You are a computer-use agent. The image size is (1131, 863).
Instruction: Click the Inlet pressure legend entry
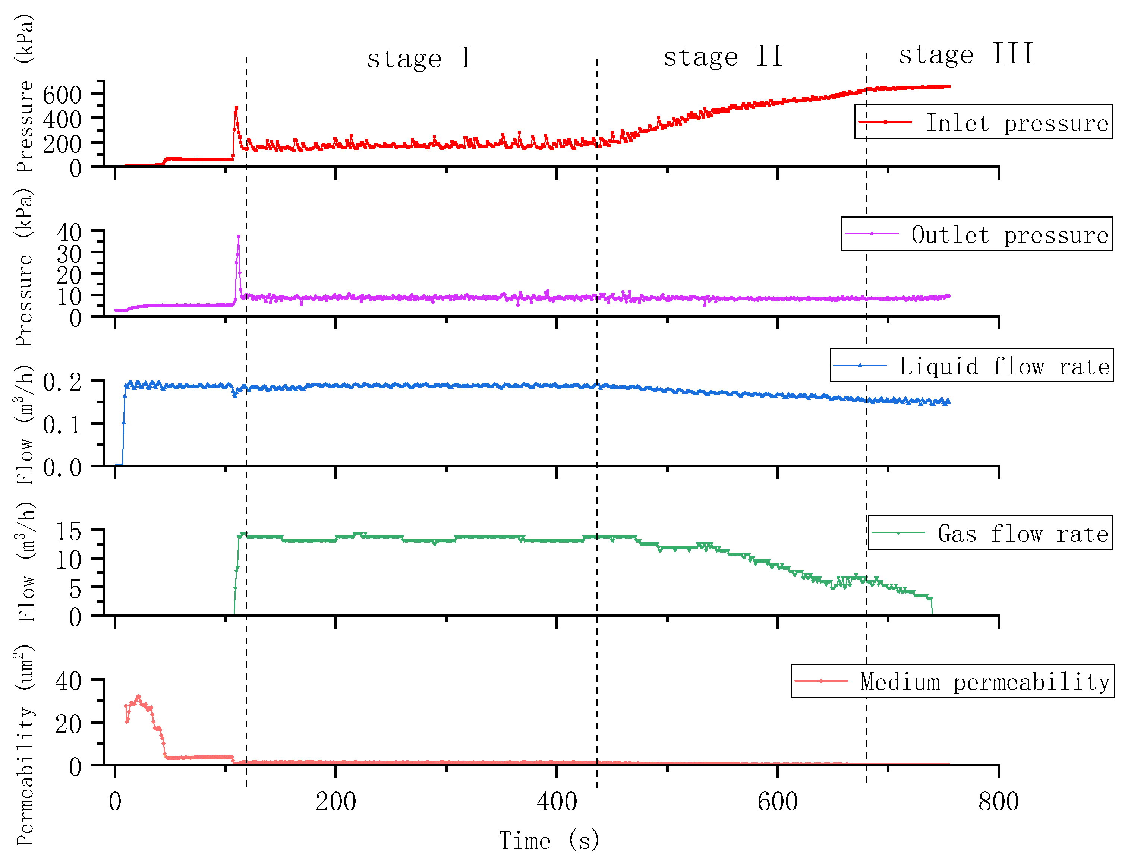coord(983,122)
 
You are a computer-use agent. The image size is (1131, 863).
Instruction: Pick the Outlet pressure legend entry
coord(976,234)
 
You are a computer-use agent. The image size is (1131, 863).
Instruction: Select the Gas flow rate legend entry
coord(990,533)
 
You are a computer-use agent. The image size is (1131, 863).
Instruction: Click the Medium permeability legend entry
coord(952,682)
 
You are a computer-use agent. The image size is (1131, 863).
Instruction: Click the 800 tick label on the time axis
coord(998,802)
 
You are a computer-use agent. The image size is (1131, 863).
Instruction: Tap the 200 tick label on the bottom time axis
coord(335,802)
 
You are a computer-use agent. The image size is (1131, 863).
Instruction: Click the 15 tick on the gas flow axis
coord(68,531)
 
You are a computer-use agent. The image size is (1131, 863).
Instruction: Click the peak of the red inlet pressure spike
coord(236,108)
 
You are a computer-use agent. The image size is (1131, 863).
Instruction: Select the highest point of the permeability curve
coord(138,696)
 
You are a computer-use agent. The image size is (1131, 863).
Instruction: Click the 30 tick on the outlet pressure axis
coord(68,254)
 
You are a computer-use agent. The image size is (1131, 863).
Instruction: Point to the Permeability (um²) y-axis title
coord(25,745)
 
